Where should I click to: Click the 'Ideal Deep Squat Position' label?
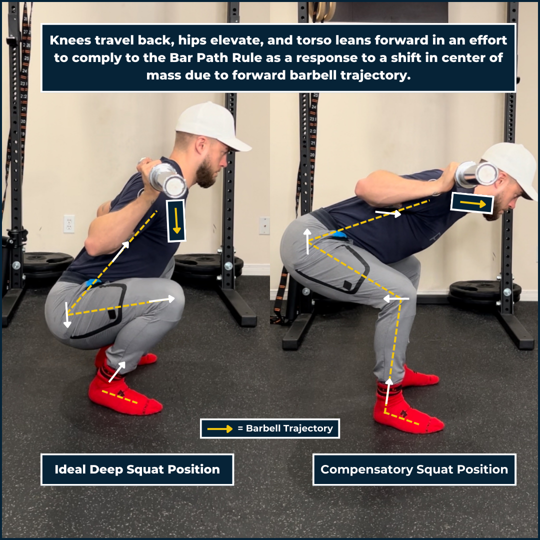pos(137,469)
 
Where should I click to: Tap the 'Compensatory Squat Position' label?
pos(414,469)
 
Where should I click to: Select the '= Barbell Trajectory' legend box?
pos(270,428)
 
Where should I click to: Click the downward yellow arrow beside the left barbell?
pos(176,221)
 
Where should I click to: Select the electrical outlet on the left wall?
pos(69,224)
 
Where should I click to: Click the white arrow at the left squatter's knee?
pos(162,299)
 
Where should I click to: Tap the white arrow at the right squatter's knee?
pos(396,298)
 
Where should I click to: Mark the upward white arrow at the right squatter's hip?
pos(307,241)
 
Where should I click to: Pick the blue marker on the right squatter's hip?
pos(339,235)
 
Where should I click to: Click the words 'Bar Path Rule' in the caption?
pos(215,57)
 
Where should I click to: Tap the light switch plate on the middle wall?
pos(264,225)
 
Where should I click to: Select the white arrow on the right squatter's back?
pos(388,213)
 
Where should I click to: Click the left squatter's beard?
pos(206,172)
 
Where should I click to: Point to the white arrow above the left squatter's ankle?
pos(116,372)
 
